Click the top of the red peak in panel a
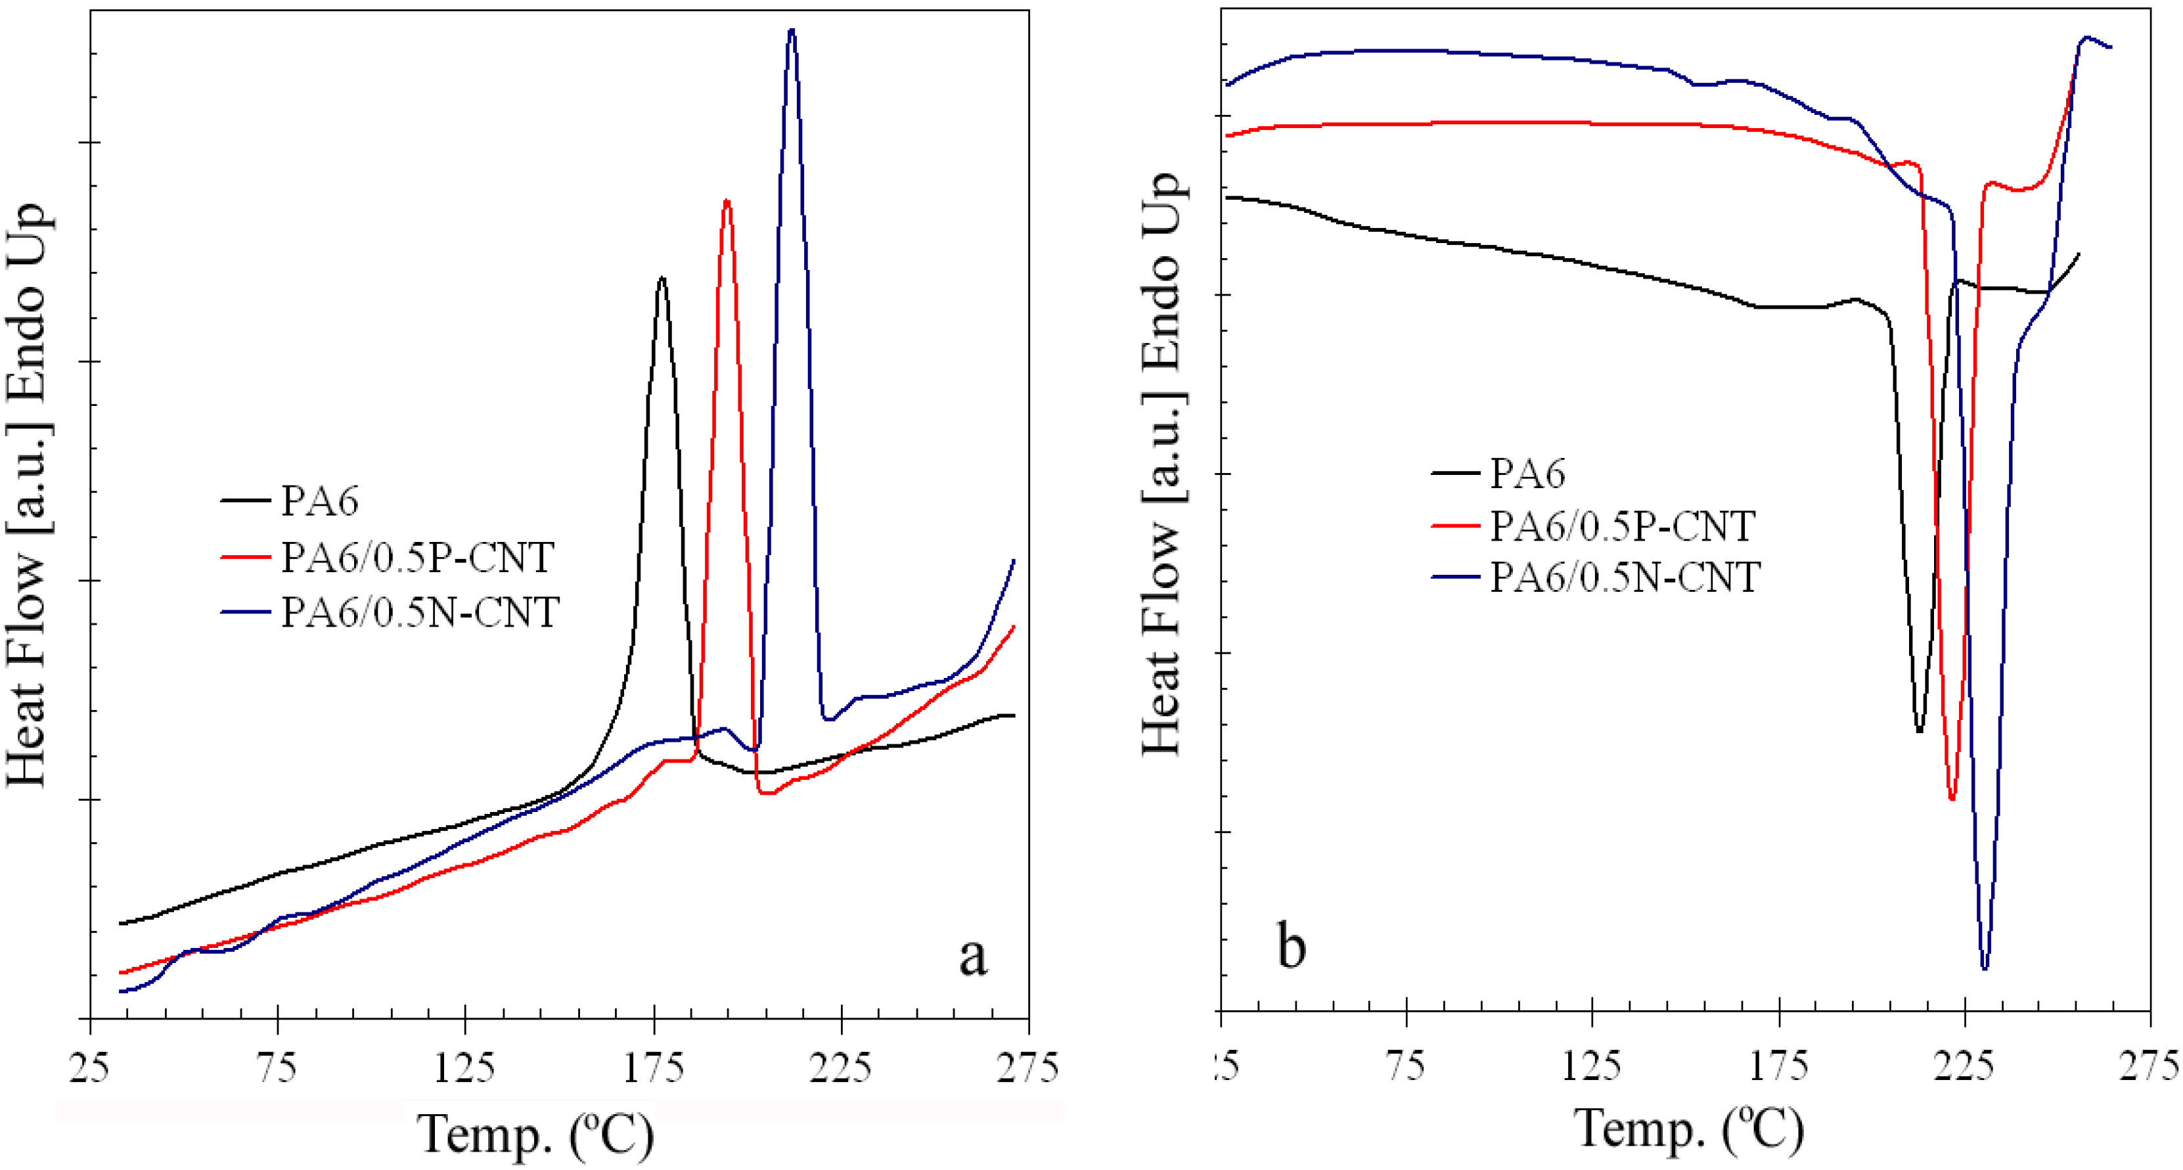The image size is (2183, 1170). (727, 202)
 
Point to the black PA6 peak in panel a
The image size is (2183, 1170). (662, 279)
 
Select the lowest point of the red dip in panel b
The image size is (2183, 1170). (1952, 798)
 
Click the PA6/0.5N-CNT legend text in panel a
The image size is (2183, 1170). (420, 612)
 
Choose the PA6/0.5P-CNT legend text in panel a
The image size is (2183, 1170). (418, 558)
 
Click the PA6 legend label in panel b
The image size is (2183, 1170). (1528, 473)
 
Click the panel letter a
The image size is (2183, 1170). (973, 957)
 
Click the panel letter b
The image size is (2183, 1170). (1291, 947)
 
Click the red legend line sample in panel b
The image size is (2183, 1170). (1456, 526)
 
